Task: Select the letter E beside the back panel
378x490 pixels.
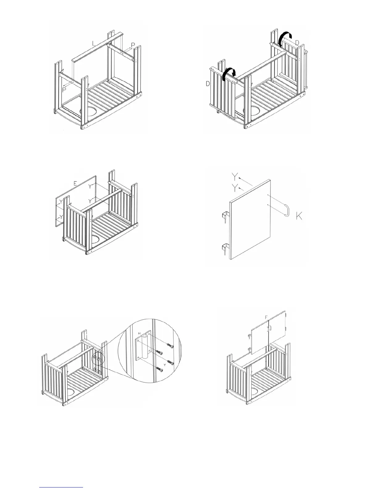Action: (x=75, y=183)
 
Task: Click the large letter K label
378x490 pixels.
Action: (x=299, y=216)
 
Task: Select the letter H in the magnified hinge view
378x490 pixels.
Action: (x=140, y=333)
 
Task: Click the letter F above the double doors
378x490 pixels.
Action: (x=266, y=317)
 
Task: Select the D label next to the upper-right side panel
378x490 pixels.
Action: (x=297, y=42)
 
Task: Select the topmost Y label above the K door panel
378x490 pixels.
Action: (x=235, y=177)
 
